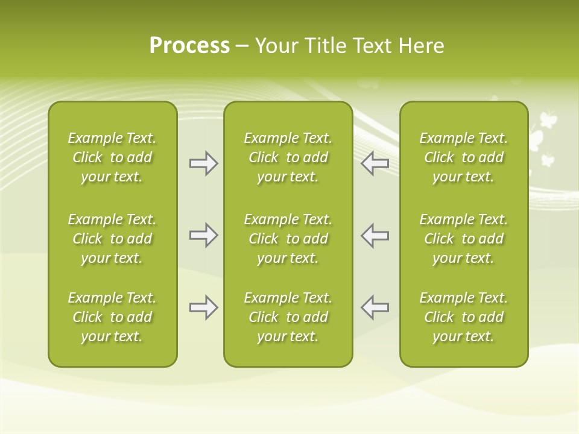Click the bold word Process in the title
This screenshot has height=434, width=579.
[189, 46]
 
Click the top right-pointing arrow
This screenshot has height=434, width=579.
[203, 163]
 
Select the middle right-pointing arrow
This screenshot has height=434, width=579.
[203, 235]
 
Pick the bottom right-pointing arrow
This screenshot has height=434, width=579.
[203, 307]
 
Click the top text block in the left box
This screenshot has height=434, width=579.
[112, 157]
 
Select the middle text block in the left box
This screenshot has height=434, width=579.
[112, 239]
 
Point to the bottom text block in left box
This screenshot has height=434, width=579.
[112, 317]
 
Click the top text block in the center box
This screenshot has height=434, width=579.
[288, 157]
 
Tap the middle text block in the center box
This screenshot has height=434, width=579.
[288, 239]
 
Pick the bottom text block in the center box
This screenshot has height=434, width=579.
[288, 317]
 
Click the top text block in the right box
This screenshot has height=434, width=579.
[463, 157]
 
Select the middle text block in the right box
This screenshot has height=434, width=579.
[463, 239]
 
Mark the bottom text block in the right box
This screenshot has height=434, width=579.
[463, 317]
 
